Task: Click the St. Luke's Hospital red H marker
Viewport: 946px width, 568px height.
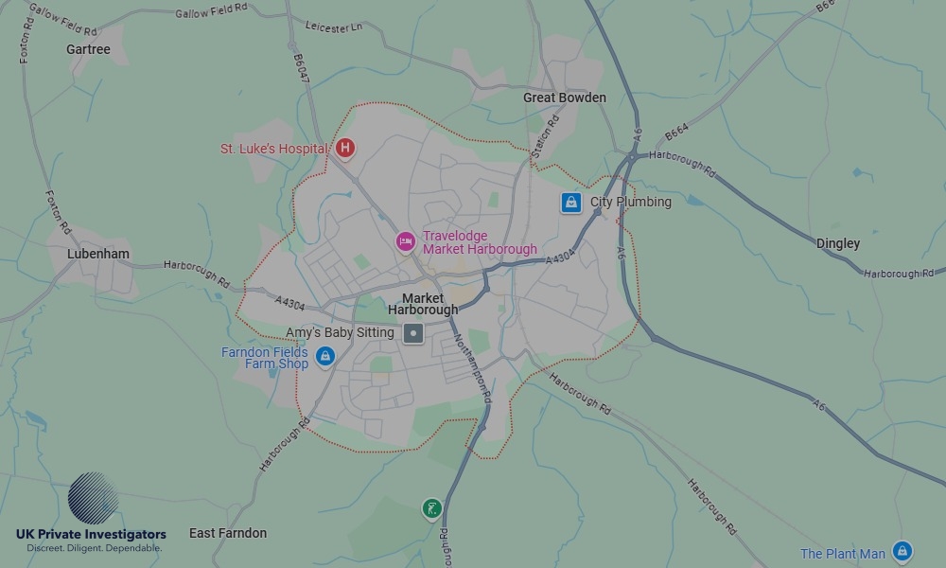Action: tap(346, 149)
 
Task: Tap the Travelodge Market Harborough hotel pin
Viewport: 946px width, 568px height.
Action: tap(405, 242)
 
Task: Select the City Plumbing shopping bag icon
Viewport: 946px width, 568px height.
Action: tap(570, 203)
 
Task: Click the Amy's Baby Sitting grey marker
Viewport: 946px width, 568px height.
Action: tap(413, 333)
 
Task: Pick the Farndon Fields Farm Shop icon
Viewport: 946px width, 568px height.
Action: tap(325, 357)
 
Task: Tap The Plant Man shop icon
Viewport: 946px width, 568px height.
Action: tap(902, 551)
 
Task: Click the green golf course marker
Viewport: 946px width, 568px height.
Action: tap(431, 509)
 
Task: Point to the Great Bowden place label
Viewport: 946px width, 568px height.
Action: tap(565, 98)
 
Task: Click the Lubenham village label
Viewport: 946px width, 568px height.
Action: tap(98, 254)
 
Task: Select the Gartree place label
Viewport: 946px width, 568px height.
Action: tap(88, 49)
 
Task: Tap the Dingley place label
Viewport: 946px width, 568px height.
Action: tap(838, 243)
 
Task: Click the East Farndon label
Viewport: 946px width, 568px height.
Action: tap(228, 533)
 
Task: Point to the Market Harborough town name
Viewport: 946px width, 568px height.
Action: tap(423, 304)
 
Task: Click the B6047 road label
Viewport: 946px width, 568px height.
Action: tap(301, 72)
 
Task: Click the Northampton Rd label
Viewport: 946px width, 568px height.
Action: tap(472, 369)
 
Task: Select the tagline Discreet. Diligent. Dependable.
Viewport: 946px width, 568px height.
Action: tap(94, 548)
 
